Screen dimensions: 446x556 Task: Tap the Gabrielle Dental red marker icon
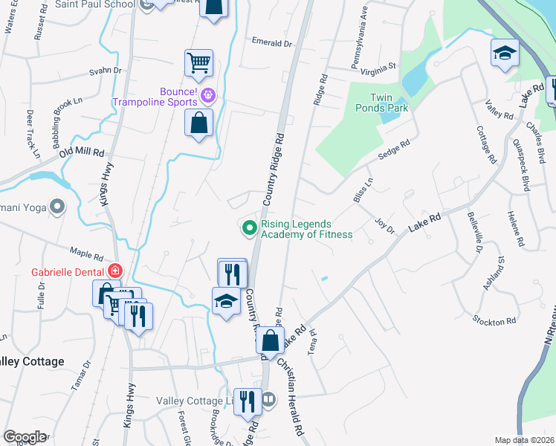(114, 271)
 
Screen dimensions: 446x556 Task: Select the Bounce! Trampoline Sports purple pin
(207, 94)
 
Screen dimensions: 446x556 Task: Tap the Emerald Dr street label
(272, 42)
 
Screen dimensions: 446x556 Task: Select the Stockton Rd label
(494, 321)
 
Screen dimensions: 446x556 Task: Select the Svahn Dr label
(106, 71)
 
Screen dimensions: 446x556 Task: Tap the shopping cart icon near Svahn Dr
(198, 63)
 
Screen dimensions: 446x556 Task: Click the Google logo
(25, 437)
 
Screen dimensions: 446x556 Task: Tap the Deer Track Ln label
(32, 135)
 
